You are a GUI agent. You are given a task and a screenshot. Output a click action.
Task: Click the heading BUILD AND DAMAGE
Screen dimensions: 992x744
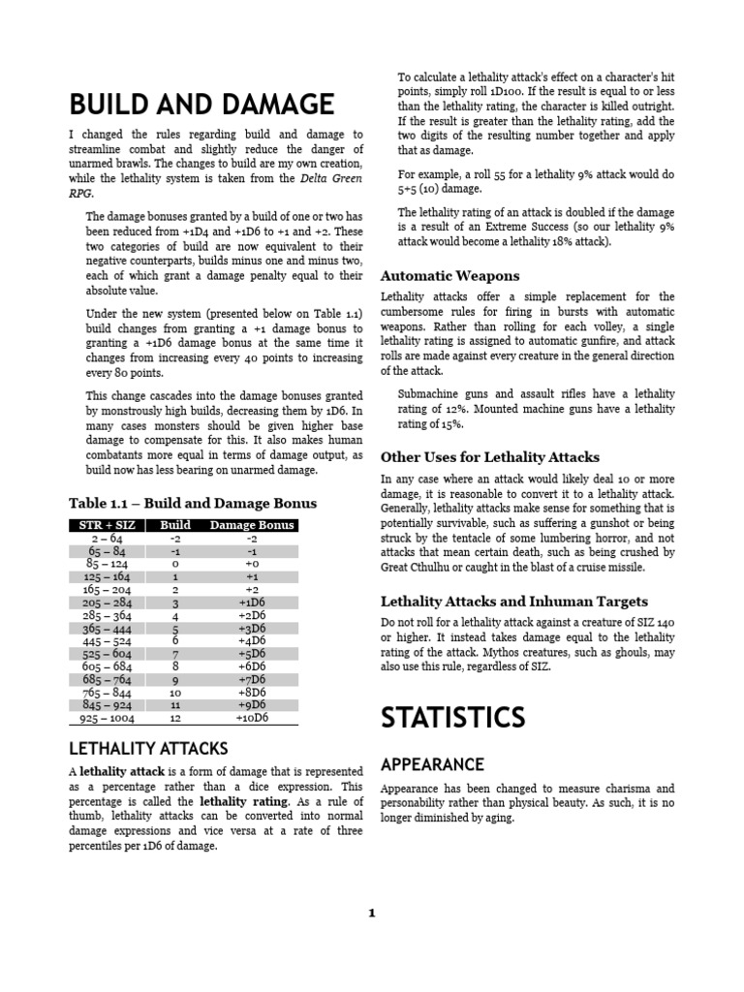tap(201, 104)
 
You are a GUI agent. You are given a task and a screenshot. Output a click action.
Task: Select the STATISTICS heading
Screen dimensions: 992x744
tap(452, 717)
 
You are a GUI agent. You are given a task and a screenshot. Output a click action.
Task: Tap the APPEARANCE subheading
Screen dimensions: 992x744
tap(432, 764)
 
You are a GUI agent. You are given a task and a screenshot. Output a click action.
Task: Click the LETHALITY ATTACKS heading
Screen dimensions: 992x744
tap(148, 748)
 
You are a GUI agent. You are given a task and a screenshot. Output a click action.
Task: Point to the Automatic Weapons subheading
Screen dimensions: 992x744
tap(449, 275)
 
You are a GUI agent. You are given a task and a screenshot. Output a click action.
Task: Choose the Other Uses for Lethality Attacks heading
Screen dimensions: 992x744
tap(489, 456)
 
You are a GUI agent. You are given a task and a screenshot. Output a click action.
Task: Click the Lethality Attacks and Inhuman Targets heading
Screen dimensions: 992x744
tap(513, 601)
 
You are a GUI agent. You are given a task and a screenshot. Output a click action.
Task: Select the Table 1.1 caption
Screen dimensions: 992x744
tap(192, 503)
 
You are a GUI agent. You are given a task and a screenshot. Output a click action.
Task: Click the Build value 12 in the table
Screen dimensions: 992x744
tap(175, 718)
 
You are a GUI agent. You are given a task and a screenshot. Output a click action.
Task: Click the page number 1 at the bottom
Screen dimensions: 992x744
tap(371, 913)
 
